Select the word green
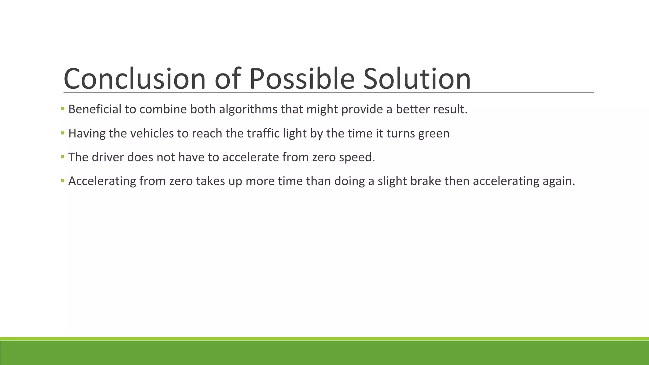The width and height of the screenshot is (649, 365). click(x=434, y=133)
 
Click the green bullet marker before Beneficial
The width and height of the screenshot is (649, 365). click(x=63, y=109)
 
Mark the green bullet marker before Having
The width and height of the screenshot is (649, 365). click(x=63, y=133)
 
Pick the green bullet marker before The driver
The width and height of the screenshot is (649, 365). click(x=63, y=157)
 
